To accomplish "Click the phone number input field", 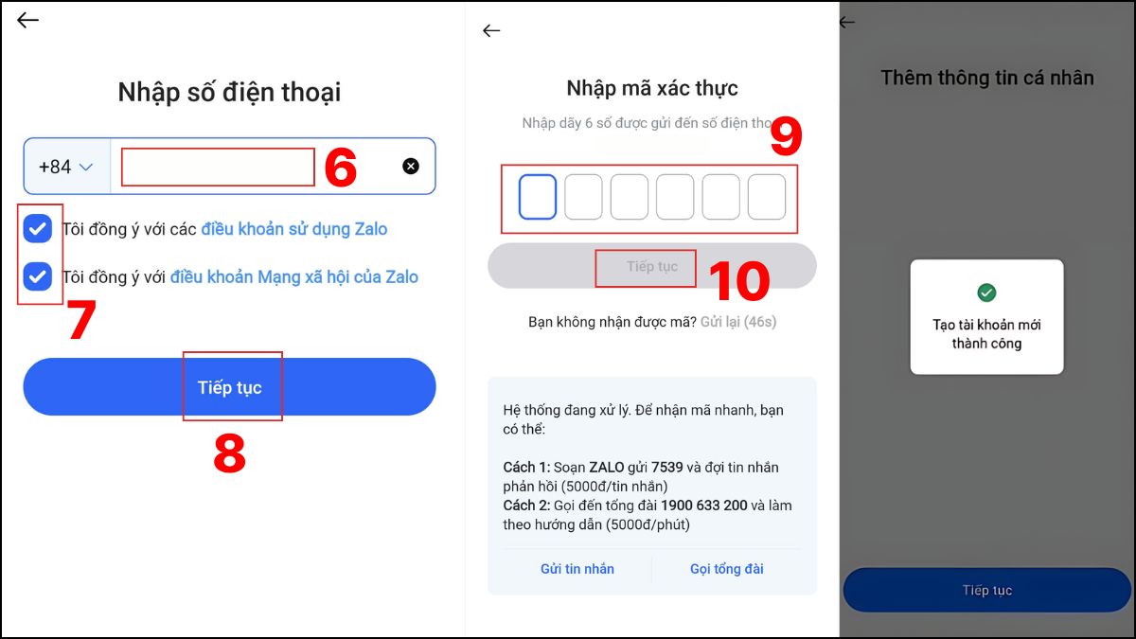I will pos(218,167).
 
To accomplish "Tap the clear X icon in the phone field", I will pos(411,167).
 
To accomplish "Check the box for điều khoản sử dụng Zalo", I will pos(38,228).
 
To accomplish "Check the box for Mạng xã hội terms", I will pos(38,276).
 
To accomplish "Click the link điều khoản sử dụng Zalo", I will pos(293,229).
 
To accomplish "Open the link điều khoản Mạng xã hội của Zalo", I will pos(293,277).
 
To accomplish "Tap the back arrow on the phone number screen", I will pos(28,20).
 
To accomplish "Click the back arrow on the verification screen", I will pos(490,30).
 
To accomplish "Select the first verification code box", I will pos(538,197).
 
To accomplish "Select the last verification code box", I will pos(767,197).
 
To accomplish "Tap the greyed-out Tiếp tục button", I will pos(651,266).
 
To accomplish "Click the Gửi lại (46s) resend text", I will pos(738,322).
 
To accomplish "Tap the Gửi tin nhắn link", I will pos(577,569).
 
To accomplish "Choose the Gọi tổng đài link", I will pos(727,569).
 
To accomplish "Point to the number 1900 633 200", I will pos(703,506).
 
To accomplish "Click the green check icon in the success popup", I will pos(986,293).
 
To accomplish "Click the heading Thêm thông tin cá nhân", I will pos(987,78).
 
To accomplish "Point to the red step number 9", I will pos(785,138).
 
